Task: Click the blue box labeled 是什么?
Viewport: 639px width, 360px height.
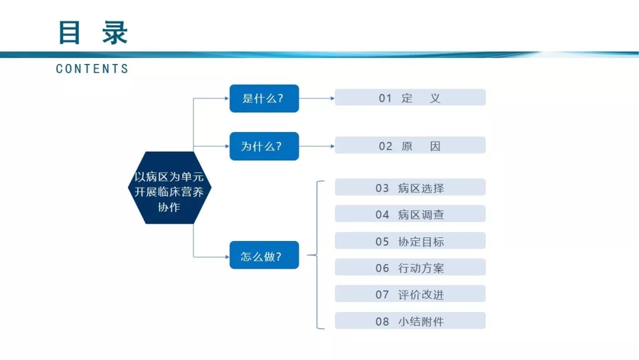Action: [264, 98]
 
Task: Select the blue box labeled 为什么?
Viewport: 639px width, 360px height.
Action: [264, 146]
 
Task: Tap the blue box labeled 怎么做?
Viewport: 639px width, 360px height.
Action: [264, 255]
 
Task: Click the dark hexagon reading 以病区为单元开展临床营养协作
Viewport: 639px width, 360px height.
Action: [170, 188]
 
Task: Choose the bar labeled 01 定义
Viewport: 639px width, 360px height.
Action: [410, 98]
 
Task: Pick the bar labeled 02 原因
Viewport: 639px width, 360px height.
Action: [410, 145]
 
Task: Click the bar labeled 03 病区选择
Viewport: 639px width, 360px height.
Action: [410, 187]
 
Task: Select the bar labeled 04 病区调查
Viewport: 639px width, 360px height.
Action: [410, 214]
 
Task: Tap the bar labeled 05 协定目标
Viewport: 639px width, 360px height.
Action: [410, 240]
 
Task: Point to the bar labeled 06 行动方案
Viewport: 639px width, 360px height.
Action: [410, 267]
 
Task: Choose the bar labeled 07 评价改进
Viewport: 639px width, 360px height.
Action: [410, 294]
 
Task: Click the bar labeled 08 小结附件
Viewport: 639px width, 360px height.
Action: [410, 320]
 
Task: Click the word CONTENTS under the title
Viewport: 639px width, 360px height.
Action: [92, 69]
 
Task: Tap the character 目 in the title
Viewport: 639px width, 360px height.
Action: [69, 33]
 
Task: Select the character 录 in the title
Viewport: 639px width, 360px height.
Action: [115, 33]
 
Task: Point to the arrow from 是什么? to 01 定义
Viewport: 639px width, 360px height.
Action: [317, 98]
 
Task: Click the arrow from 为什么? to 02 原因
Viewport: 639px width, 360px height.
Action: [317, 146]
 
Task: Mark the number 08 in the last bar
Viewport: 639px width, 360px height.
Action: [382, 322]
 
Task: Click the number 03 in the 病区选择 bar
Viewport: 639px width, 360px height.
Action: [382, 188]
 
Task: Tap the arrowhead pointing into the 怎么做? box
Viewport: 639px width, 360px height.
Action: [227, 257]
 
